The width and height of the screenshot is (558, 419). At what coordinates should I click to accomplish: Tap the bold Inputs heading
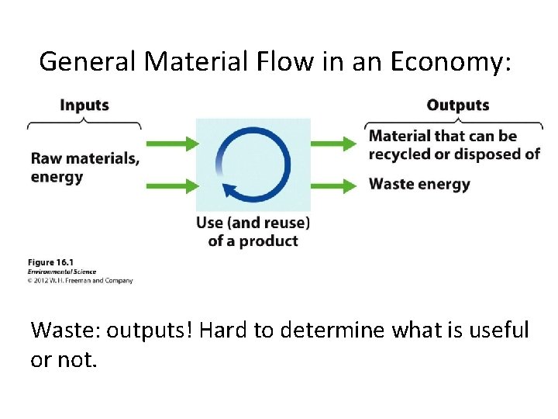[84, 105]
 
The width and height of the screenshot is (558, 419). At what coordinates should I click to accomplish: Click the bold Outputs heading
[457, 105]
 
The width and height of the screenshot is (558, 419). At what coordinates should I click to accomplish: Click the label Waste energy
[419, 185]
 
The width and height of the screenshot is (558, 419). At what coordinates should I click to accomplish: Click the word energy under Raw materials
[56, 177]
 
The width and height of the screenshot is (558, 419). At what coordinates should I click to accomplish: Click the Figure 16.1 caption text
[50, 263]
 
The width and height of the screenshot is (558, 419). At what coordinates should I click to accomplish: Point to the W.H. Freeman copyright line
[81, 280]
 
